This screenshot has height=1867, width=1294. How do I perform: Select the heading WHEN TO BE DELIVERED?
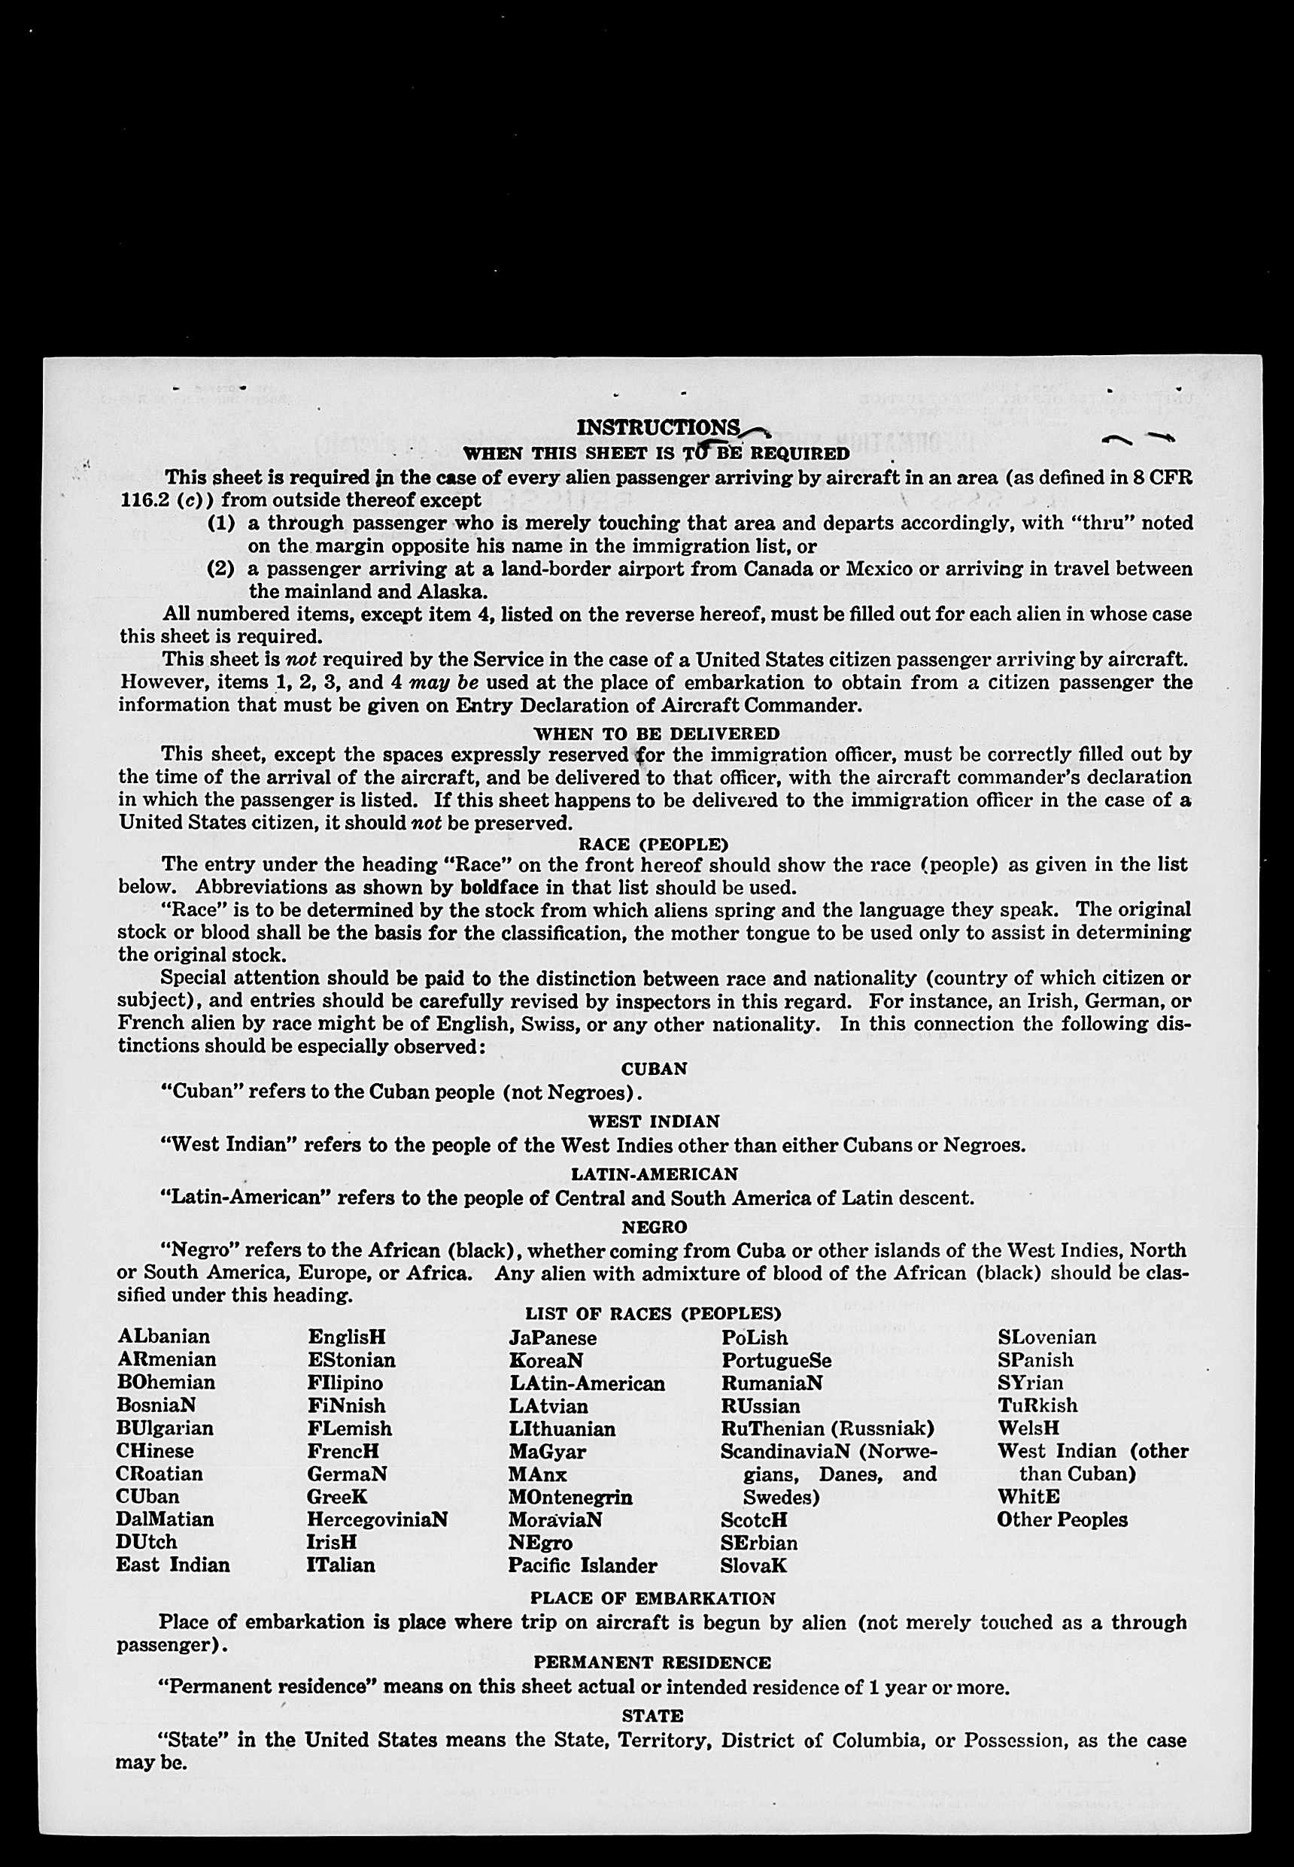point(656,733)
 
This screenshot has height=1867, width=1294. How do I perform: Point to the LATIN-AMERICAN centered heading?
point(655,1174)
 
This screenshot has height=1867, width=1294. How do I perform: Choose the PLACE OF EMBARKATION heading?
point(653,1598)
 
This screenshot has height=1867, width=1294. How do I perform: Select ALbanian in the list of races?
point(164,1336)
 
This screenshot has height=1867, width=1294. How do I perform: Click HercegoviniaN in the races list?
point(377,1519)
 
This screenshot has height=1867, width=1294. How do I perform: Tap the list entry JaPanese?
point(552,1337)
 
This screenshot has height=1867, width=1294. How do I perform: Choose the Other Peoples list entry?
point(1062,1519)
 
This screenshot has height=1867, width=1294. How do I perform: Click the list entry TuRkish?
point(1037,1405)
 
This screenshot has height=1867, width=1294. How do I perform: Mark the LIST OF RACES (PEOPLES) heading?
point(653,1313)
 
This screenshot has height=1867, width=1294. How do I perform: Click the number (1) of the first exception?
point(221,523)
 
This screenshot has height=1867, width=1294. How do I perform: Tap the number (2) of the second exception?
point(221,568)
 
